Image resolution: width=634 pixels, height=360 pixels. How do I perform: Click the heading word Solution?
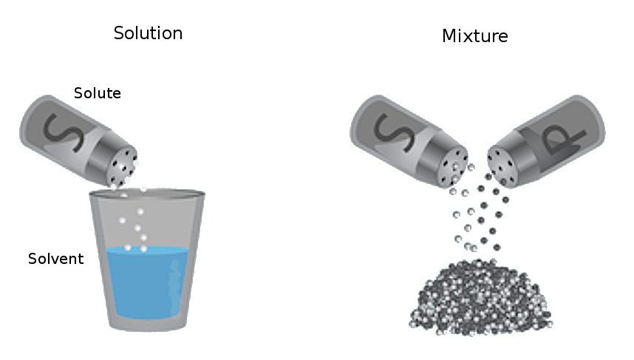148,33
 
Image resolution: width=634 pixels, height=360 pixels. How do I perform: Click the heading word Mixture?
474,35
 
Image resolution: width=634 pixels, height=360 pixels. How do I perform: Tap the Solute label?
97,93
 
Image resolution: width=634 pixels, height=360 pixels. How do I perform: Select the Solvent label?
55,259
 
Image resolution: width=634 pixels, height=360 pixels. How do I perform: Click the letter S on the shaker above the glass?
55,132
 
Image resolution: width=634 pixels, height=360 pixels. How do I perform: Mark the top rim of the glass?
147,194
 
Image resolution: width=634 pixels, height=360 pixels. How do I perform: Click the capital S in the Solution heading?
119,33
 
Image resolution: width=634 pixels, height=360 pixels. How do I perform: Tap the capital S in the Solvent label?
33,259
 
